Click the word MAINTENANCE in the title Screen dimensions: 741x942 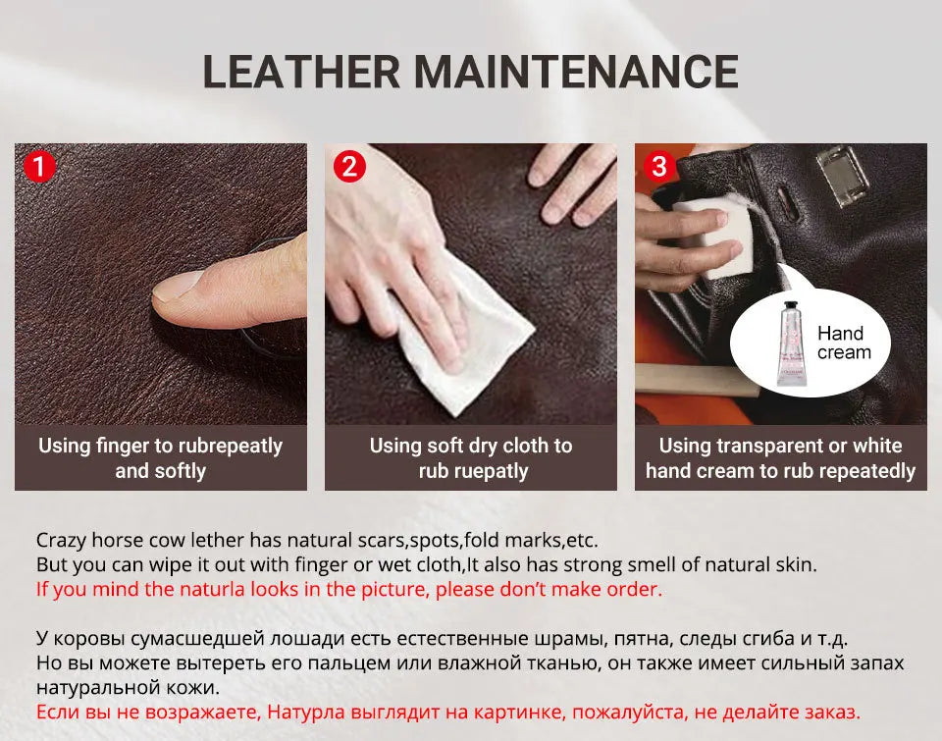(x=575, y=72)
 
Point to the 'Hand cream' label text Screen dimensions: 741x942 (x=843, y=344)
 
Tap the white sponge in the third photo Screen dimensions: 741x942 (x=711, y=236)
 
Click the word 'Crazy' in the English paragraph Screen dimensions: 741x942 (x=60, y=540)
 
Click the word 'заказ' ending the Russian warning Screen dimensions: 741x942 (x=834, y=712)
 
